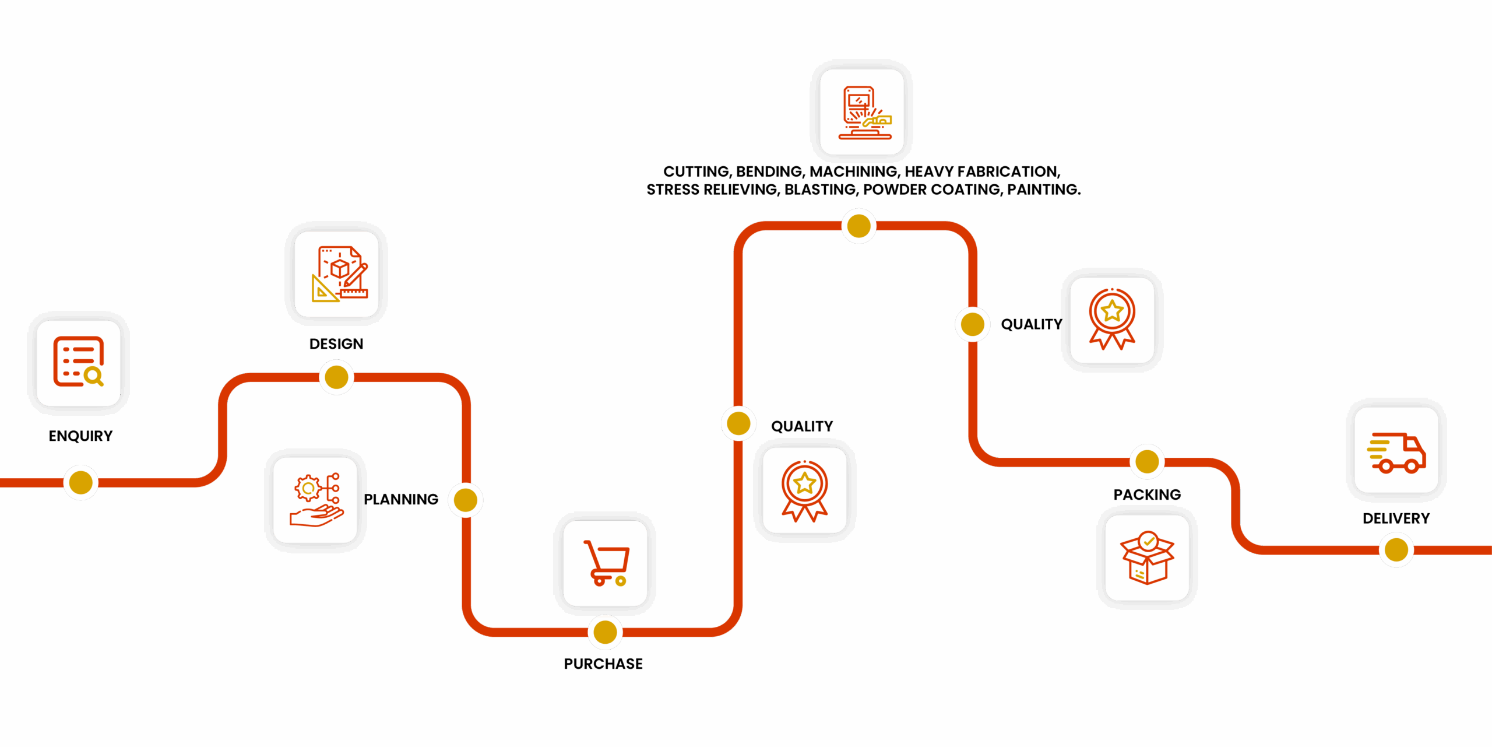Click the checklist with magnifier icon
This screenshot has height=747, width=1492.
[x=79, y=363]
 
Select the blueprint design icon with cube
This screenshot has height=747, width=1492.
[x=337, y=274]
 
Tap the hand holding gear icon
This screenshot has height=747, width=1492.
[x=315, y=500]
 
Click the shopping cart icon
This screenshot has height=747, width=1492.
[x=605, y=563]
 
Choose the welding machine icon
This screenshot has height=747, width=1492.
[x=862, y=112]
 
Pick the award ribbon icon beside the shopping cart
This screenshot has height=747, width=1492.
[x=805, y=490]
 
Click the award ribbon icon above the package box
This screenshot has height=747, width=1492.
[x=1112, y=320]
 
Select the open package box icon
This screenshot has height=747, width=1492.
[x=1147, y=557]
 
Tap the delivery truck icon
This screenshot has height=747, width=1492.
[x=1396, y=450]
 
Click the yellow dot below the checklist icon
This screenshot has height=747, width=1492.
[x=80, y=482]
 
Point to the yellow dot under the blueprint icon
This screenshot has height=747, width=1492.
[x=337, y=377]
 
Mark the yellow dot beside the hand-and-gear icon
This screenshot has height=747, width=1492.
[x=466, y=500]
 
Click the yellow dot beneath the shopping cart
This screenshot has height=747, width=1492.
[x=605, y=632]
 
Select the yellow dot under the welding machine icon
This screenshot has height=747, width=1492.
[x=859, y=226]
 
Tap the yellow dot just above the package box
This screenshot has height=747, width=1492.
[x=1147, y=462]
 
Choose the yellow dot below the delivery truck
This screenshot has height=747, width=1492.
[x=1396, y=549]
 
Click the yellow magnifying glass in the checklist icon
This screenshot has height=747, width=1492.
[x=93, y=376]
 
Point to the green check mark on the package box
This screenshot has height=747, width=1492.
[x=1148, y=541]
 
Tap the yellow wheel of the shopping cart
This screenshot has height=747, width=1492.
[x=621, y=581]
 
